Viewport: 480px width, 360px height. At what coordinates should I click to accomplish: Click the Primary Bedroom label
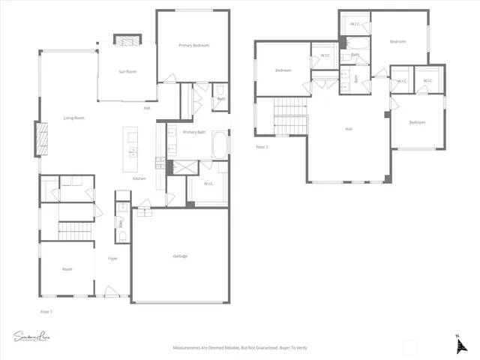(193, 46)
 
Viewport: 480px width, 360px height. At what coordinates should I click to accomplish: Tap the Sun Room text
(127, 71)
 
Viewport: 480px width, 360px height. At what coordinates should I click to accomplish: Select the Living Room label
(73, 118)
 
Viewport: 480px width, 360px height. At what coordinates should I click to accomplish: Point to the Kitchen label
(139, 178)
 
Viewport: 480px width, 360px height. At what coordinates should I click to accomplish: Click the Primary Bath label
(195, 132)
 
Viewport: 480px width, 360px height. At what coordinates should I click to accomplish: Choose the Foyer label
(112, 258)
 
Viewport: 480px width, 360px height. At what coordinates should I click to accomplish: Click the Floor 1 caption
(46, 310)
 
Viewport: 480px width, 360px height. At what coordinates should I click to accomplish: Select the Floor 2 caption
(262, 147)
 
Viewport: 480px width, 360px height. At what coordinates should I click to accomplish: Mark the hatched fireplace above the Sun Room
(127, 40)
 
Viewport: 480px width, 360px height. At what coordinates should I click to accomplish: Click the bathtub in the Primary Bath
(220, 145)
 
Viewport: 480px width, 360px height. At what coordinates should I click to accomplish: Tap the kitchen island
(133, 146)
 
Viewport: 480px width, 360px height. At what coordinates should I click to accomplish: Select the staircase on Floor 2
(290, 117)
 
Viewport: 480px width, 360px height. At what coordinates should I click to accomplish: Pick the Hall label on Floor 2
(349, 129)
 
